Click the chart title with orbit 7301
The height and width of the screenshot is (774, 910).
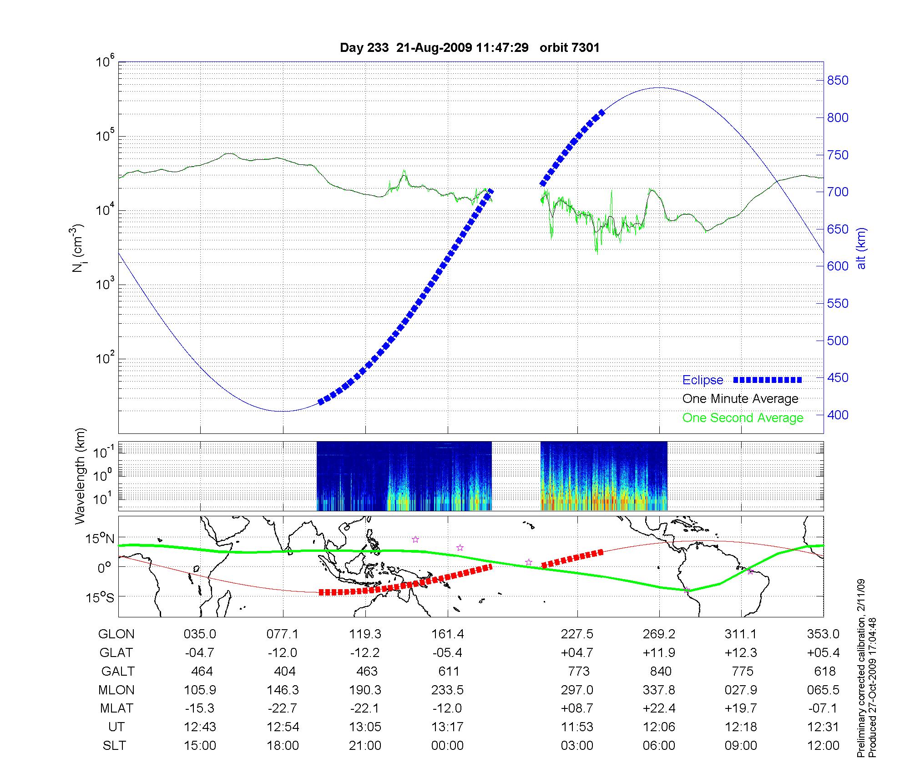coord(470,48)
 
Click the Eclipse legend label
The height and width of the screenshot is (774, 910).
coord(703,380)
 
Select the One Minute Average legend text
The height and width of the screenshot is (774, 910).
coord(740,399)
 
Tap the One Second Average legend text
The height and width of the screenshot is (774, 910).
coord(743,418)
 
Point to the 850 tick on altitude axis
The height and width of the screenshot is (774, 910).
coord(838,81)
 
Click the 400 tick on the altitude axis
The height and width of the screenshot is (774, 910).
coord(838,415)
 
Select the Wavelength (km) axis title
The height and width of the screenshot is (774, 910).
coord(80,476)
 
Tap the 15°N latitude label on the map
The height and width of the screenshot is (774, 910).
coord(101,539)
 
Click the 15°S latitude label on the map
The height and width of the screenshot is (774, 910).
coord(101,597)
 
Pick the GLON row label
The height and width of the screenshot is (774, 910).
coord(116,634)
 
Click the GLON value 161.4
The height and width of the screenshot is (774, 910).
coord(448,634)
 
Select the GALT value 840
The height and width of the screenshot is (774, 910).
coord(661,672)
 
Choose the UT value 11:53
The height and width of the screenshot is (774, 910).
coord(576,727)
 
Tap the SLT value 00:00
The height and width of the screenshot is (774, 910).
coord(448,746)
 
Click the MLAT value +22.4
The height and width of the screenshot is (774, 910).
coord(659,708)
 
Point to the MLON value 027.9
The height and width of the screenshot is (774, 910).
coord(741,690)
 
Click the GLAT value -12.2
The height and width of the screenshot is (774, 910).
coord(365,653)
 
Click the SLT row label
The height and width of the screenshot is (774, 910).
coord(114,746)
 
